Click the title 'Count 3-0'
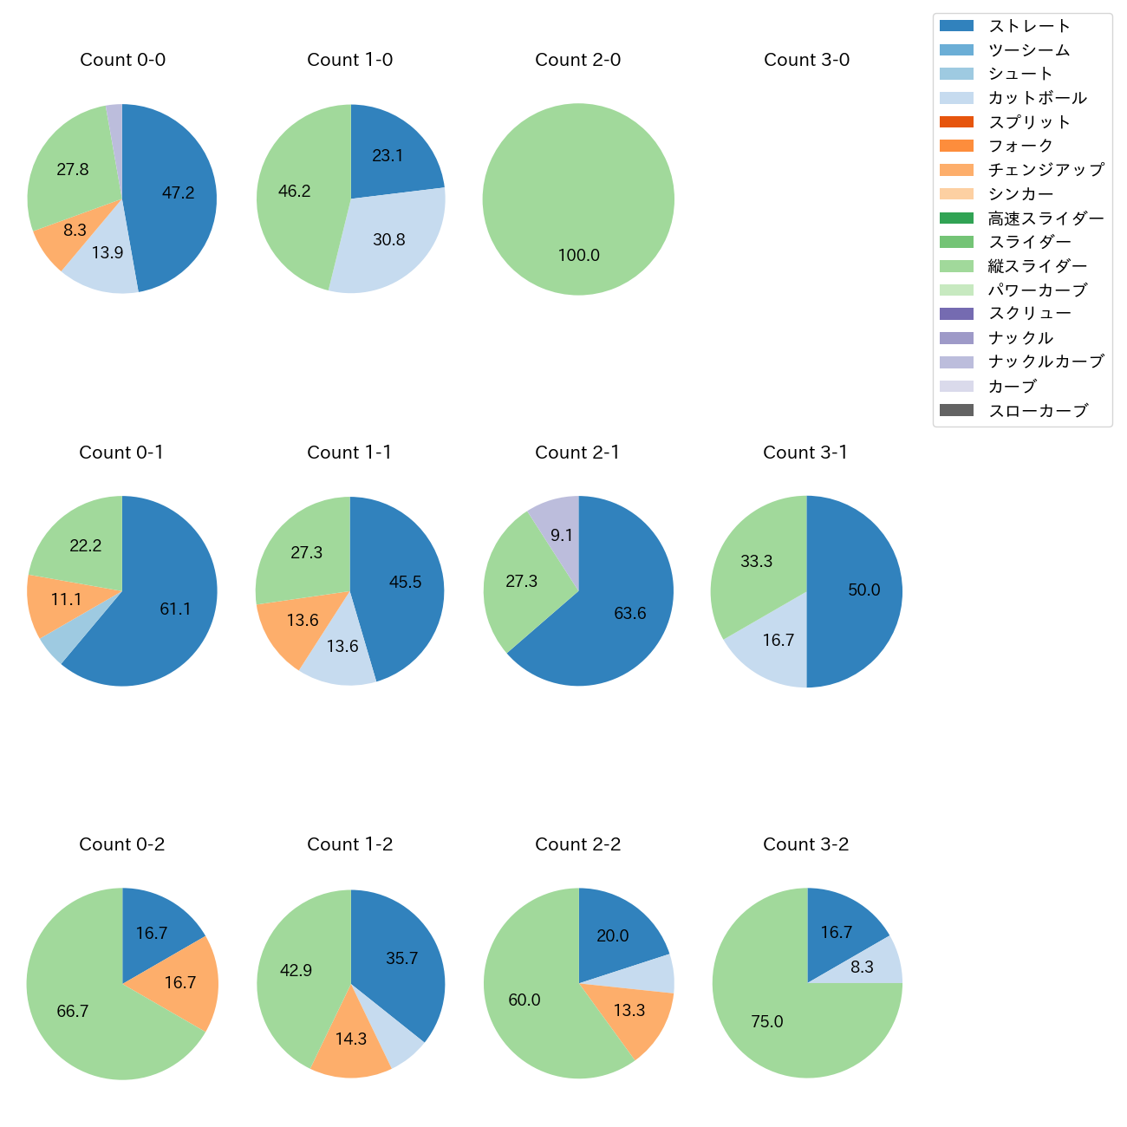(806, 60)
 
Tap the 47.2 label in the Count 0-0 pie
(178, 193)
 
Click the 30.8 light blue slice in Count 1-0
(388, 239)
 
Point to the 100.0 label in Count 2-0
(578, 256)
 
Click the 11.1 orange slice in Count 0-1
(66, 600)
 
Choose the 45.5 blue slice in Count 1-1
(405, 582)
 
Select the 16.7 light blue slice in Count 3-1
(778, 641)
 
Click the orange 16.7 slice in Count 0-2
(179, 982)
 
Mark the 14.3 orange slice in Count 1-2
(351, 1039)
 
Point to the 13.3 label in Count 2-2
(629, 1011)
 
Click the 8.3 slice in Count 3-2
(862, 967)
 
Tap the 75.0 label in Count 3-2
(766, 1022)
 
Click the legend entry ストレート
(1029, 26)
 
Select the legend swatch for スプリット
(956, 122)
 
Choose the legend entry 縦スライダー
(1037, 266)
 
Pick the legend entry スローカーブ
(1038, 411)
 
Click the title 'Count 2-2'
(578, 844)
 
